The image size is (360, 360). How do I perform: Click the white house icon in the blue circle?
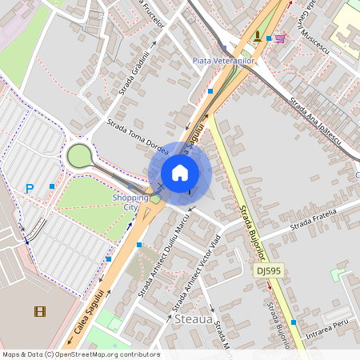pyautogui.click(x=180, y=173)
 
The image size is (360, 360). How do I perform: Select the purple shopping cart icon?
pyautogui.click(x=279, y=38)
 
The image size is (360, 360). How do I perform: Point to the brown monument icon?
pyautogui.click(x=257, y=35)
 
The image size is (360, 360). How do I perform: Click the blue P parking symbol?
pyautogui.click(x=30, y=189)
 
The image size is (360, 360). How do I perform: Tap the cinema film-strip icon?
pyautogui.click(x=40, y=311)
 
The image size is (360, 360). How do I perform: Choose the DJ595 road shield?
pyautogui.click(x=270, y=272)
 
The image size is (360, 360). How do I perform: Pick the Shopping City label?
pyautogui.click(x=130, y=202)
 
